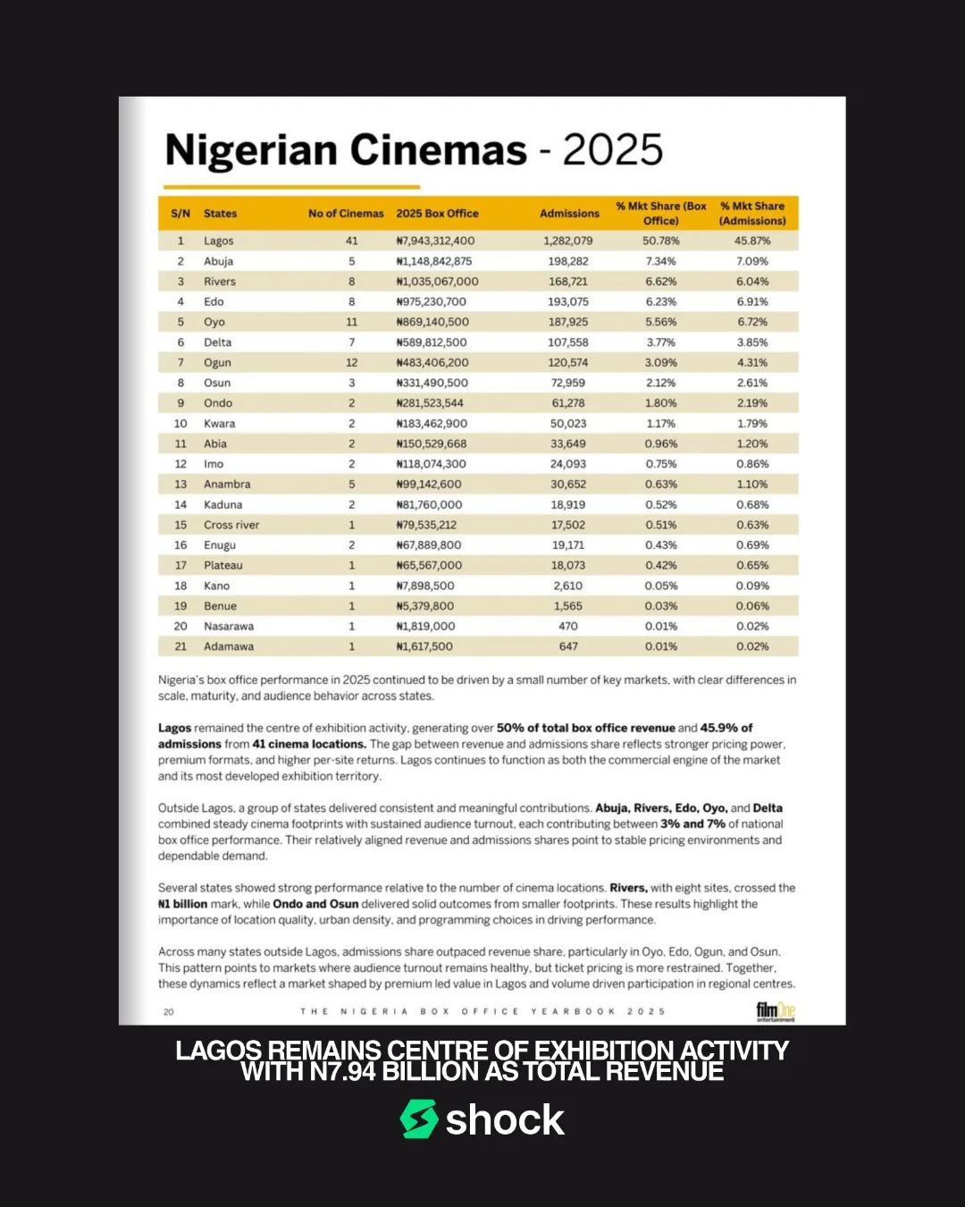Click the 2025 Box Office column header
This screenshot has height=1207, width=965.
[x=437, y=214]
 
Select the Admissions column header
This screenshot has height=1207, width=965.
[x=569, y=214]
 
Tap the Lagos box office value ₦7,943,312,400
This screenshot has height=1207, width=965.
[x=435, y=241]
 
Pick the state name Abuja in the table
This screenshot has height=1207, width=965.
[x=218, y=261]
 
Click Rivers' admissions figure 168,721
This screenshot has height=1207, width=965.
[x=568, y=282]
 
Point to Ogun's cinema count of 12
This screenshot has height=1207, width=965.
[x=351, y=363]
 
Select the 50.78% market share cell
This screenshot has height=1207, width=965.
[x=661, y=241]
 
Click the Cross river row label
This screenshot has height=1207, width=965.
[x=231, y=525]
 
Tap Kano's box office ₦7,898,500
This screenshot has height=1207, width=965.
[x=425, y=586]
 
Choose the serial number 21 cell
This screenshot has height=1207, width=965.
[x=180, y=646]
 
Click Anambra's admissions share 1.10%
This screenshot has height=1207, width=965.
[x=752, y=485]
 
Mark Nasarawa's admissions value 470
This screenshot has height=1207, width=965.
[x=568, y=627]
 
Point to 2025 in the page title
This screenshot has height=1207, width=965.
[x=613, y=150]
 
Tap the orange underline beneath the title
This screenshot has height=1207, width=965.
[x=289, y=187]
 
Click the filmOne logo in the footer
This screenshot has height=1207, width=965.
[x=775, y=1011]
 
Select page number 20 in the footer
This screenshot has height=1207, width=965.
[x=169, y=1012]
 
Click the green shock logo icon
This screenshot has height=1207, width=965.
[x=418, y=1119]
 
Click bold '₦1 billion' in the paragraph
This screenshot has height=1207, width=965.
[x=182, y=904]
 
